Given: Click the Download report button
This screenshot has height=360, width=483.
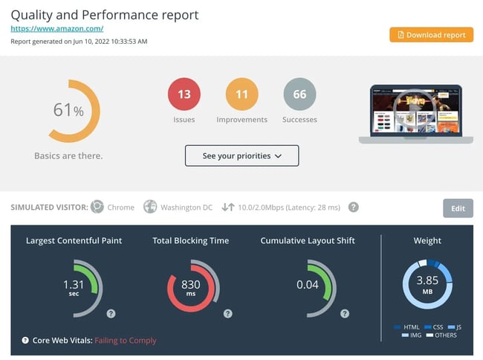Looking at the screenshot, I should (431, 35).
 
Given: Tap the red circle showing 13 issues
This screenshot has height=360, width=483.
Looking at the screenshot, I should (184, 94).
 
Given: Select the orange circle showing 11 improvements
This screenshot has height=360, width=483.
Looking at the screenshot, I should (241, 94).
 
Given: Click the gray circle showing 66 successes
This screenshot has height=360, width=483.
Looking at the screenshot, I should (299, 94).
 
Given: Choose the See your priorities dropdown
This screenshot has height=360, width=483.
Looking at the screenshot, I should (241, 155).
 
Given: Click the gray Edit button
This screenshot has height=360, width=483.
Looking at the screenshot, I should (458, 208).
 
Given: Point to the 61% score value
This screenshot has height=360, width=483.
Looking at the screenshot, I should (68, 110).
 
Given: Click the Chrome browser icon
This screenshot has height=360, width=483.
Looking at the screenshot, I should (97, 207).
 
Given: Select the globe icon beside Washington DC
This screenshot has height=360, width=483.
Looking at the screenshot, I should (150, 207).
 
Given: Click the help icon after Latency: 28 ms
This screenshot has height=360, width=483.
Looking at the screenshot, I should (354, 207).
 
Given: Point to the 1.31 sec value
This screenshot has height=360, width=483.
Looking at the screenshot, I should (74, 287).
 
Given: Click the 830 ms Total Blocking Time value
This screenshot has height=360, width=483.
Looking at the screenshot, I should (191, 287).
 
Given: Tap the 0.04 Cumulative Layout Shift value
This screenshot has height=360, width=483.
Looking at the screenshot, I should (308, 284).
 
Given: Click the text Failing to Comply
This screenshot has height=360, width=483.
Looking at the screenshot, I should (126, 341).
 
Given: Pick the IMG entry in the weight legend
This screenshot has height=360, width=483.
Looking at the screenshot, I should (411, 335).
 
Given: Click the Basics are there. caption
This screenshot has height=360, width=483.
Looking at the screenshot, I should (68, 156).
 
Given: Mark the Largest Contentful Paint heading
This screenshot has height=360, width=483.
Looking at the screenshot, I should (74, 240).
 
